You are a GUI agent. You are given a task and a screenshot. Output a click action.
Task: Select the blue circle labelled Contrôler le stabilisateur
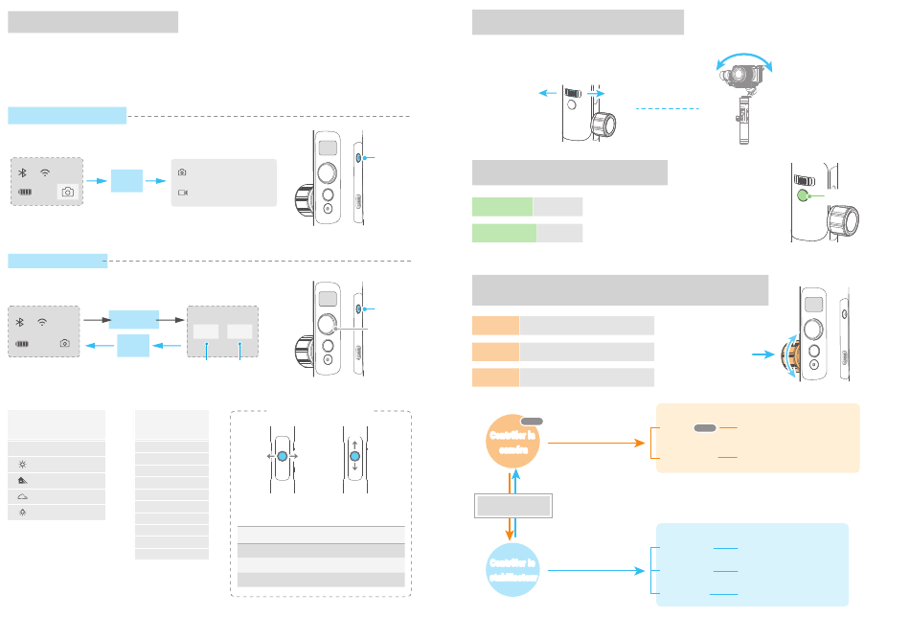[513, 569]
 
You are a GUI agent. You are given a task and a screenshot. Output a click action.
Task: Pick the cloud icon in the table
[21, 496]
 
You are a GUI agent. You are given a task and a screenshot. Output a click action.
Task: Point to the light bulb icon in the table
[21, 513]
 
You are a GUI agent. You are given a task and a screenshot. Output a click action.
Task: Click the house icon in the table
[21, 480]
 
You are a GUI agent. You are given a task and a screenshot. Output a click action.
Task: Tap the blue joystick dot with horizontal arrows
[282, 458]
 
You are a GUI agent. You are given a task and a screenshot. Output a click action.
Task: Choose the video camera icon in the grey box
[182, 192]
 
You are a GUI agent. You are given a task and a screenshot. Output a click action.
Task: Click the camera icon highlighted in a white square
[67, 192]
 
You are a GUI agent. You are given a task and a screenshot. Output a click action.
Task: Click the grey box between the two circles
[514, 506]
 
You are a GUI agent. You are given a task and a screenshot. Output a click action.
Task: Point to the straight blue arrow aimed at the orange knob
[763, 354]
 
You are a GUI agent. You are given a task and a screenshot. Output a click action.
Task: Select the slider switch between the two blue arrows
[572, 93]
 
